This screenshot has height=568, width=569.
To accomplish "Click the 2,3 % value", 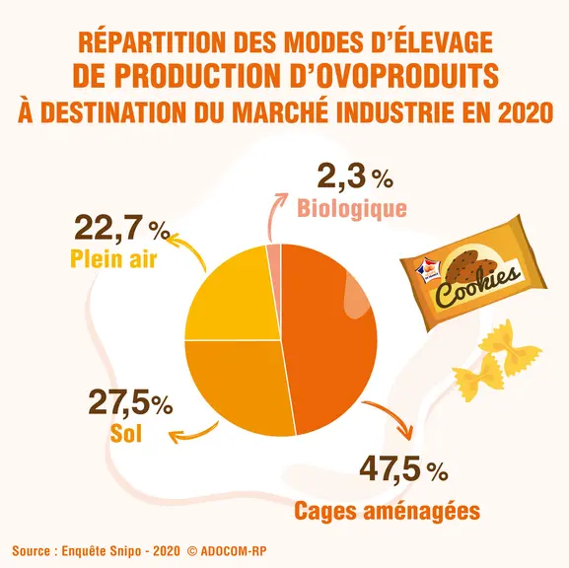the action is (355, 177).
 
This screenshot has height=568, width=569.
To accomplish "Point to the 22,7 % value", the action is (122, 228).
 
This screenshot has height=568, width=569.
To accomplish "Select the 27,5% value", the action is (130, 401).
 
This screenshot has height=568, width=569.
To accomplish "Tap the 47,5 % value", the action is (403, 469).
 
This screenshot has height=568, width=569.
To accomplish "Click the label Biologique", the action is (352, 209).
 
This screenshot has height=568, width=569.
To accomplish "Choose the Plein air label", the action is (113, 258).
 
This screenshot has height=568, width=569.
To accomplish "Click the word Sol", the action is (125, 433).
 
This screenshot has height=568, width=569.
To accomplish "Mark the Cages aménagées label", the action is (387, 511).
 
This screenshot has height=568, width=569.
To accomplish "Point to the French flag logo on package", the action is (429, 271).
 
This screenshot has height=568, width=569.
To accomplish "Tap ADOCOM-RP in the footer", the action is (234, 551).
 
